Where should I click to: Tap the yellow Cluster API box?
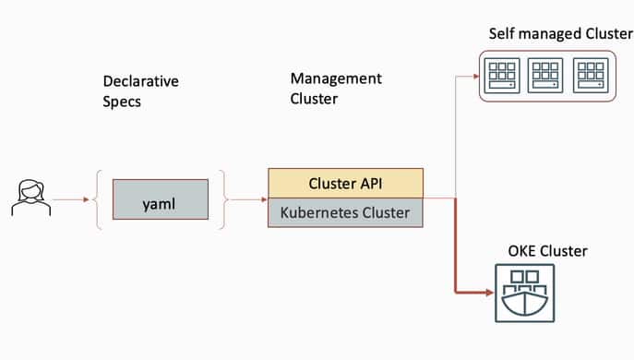(x=345, y=183)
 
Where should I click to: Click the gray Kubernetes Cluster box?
(x=345, y=212)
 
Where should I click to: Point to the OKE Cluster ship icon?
(x=524, y=293)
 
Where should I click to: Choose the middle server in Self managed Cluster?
(x=545, y=76)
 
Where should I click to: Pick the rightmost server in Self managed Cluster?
(x=591, y=76)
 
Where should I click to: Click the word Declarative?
(x=140, y=81)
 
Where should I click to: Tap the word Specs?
(x=122, y=101)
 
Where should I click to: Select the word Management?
(x=336, y=78)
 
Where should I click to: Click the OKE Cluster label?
(x=547, y=251)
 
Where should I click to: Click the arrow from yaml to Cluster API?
(x=247, y=198)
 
